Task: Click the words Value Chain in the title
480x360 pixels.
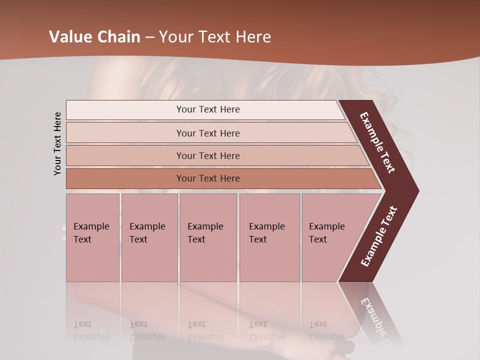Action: [x=94, y=37]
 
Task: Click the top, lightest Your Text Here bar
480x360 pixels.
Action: [x=207, y=109]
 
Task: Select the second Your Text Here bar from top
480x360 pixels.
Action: [x=208, y=133]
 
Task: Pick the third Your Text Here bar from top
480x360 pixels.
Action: [x=208, y=155]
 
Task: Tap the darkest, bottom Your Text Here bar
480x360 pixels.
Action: [x=208, y=178]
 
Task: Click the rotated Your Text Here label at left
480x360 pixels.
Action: [x=58, y=143]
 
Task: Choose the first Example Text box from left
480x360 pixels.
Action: [x=92, y=237]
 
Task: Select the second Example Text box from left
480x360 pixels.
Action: [x=149, y=237]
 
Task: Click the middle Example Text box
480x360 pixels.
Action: [x=208, y=237]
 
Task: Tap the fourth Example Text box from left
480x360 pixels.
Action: [x=269, y=237]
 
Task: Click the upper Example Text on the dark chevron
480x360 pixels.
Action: [x=377, y=142]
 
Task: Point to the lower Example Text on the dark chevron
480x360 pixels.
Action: [x=379, y=236]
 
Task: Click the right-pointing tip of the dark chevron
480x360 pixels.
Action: [x=416, y=191]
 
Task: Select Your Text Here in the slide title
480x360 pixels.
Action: [x=215, y=37]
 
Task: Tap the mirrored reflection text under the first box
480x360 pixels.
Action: [x=91, y=330]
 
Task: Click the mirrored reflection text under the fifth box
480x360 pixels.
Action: [x=326, y=330]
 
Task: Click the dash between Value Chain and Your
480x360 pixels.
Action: [x=149, y=37]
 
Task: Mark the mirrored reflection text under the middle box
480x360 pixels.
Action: [x=205, y=330]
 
